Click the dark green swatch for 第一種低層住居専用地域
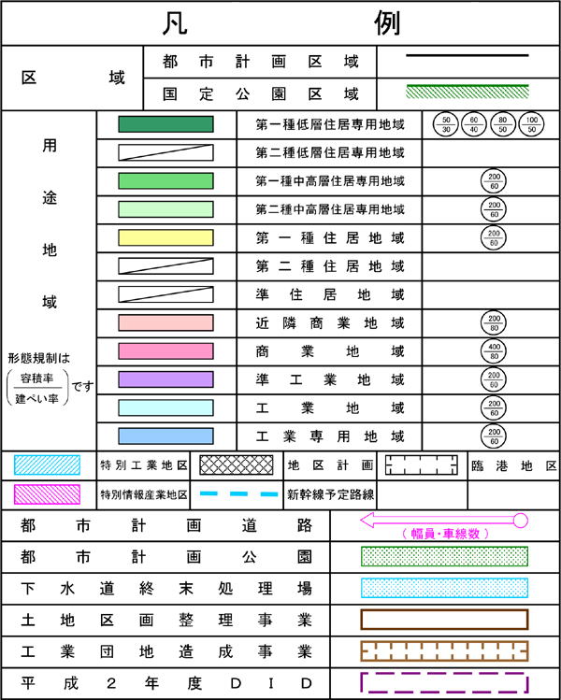click(165, 124)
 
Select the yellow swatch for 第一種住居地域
click(165, 237)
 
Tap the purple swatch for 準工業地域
click(165, 379)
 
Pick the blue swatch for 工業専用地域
click(165, 436)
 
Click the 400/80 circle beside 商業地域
click(492, 350)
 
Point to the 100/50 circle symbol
click(532, 125)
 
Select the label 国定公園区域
click(260, 93)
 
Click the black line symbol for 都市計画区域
click(467, 55)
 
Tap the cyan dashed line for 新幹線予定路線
click(239, 493)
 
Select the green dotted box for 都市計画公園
click(444, 557)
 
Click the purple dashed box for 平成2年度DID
click(444, 682)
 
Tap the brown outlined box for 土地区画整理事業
click(444, 620)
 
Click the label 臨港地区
click(513, 464)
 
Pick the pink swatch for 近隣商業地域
click(165, 322)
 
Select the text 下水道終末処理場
click(165, 589)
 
